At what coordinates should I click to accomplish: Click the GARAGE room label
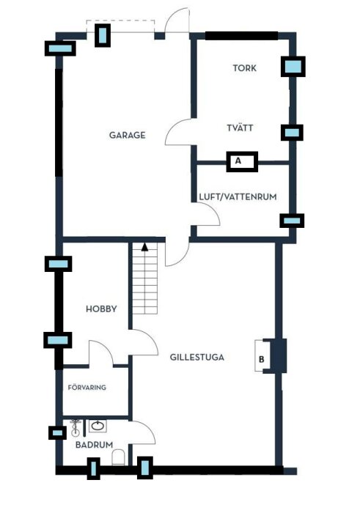pos(127,135)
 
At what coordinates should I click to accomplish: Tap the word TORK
pos(244,68)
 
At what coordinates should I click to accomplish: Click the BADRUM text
pos(94,445)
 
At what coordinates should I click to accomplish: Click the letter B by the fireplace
pos(262,360)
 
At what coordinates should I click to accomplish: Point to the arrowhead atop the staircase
pos(145,247)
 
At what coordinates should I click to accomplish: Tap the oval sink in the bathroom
pos(98,426)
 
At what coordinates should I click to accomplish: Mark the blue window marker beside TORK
pos(293,67)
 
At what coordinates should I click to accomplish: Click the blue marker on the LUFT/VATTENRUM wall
pos(292,220)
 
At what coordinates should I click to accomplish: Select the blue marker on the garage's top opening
pos(103,35)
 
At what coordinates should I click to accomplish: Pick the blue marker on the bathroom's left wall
pos(57,432)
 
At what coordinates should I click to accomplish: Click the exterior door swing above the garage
pos(176,21)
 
